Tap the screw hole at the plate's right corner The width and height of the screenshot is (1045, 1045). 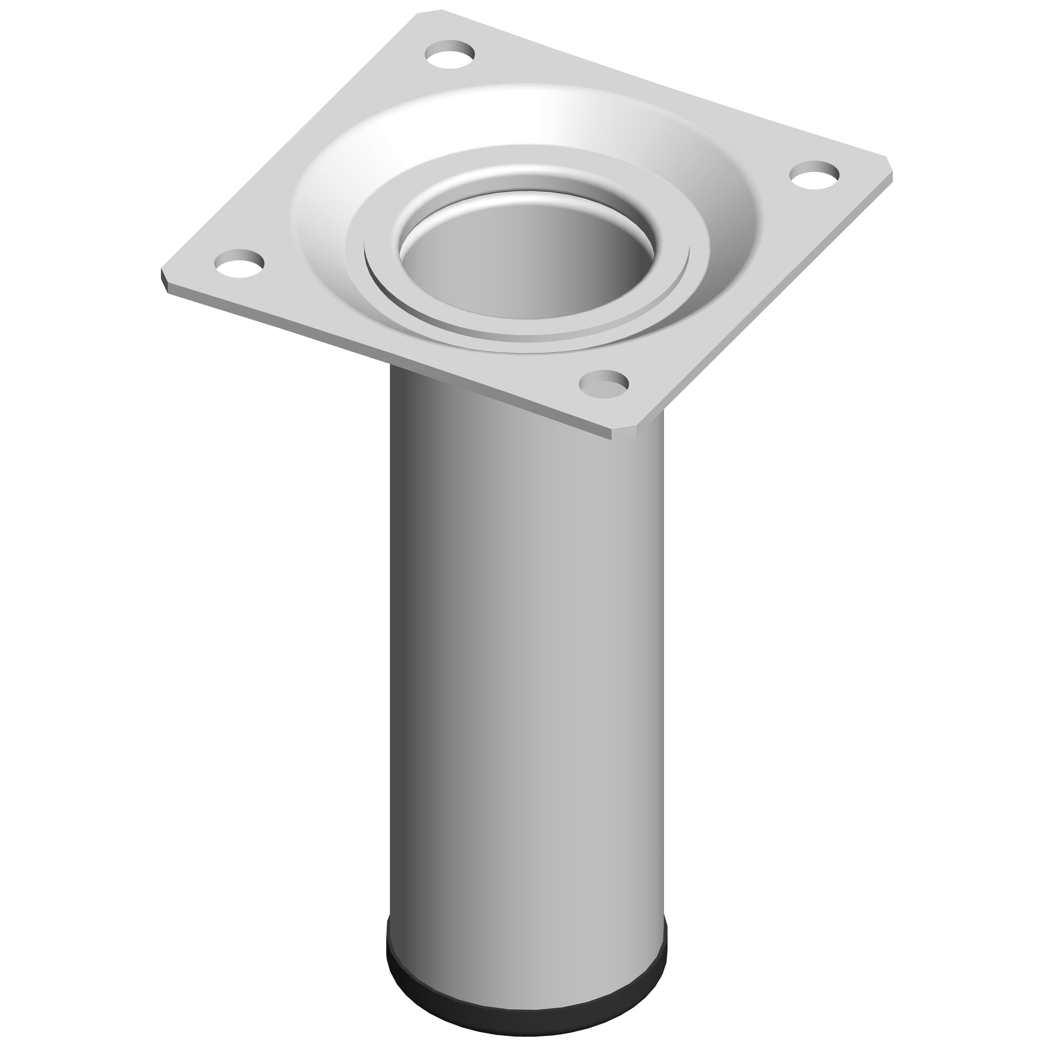tap(814, 175)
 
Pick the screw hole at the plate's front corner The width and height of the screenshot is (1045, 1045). tap(603, 384)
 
